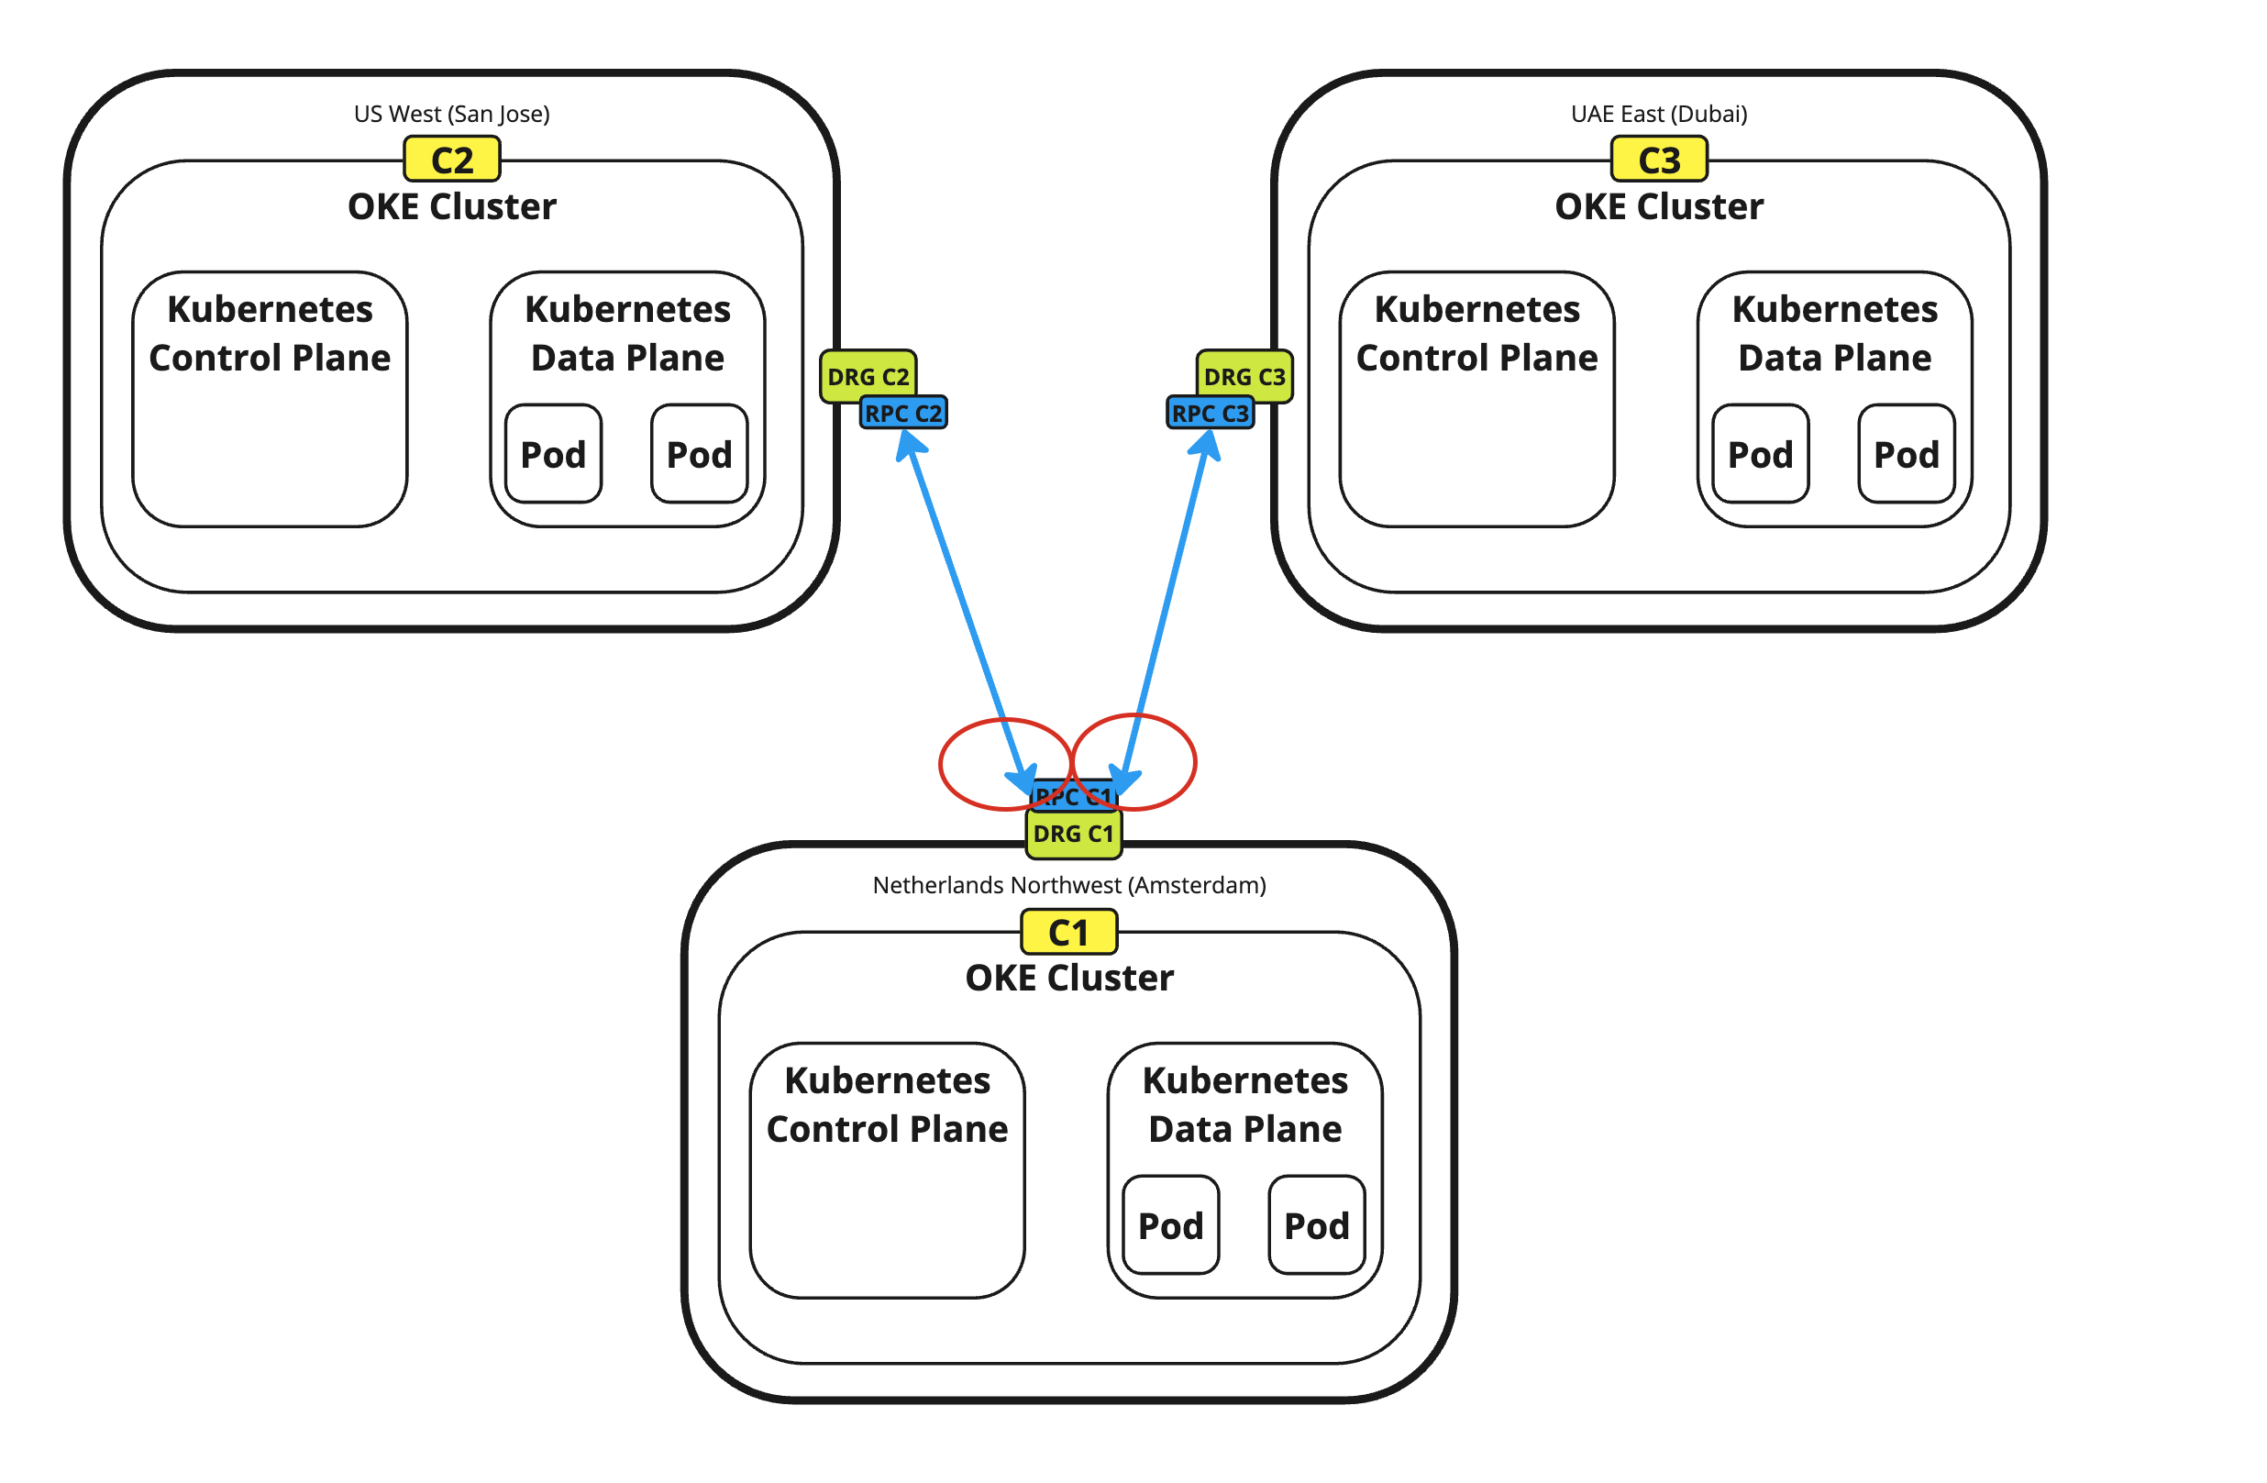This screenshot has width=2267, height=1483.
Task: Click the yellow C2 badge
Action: [451, 160]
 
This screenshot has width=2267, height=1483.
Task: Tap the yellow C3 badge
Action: [1658, 160]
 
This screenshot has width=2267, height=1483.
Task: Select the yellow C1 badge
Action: [1067, 932]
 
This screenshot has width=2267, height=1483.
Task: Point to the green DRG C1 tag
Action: [1073, 835]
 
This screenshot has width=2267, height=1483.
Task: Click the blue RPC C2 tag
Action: [903, 414]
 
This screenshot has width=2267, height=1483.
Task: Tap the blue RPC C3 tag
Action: [1210, 414]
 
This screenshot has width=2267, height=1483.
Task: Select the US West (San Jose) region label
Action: [451, 115]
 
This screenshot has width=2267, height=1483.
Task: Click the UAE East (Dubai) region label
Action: [1658, 115]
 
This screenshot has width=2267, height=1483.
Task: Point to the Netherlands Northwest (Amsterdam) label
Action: [1068, 885]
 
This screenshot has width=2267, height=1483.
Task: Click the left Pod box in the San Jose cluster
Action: [552, 454]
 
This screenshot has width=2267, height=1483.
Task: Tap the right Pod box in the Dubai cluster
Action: [1906, 454]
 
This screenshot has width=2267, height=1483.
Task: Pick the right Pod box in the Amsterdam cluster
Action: [1316, 1226]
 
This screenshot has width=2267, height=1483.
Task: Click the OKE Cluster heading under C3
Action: [1658, 206]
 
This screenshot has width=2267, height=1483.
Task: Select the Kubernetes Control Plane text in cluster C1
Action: [887, 1105]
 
